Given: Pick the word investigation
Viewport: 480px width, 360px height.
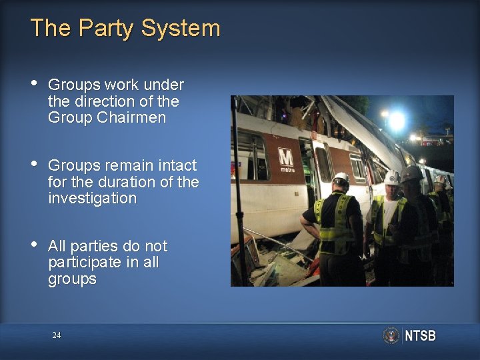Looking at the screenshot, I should tap(92, 199).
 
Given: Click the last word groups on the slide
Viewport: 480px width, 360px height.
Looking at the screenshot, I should tap(72, 279).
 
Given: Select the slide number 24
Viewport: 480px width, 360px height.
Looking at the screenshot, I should tap(57, 335).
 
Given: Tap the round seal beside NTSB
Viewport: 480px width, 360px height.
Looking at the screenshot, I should tap(391, 335).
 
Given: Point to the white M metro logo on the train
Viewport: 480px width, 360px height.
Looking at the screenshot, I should tap(285, 160).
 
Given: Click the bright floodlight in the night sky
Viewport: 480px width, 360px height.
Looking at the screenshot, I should tap(397, 121).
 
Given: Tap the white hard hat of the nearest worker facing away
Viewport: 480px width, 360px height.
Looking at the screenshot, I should tap(341, 179).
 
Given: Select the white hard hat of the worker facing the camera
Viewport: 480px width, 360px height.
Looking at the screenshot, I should tap(393, 178).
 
